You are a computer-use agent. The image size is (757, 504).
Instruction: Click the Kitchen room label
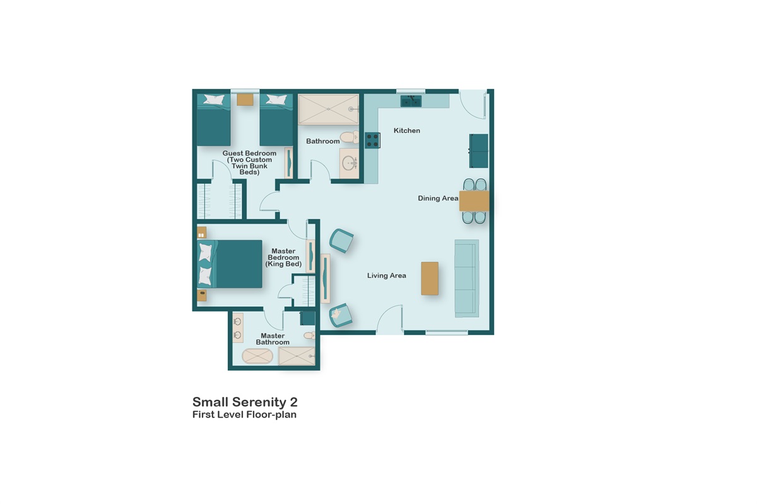(407, 130)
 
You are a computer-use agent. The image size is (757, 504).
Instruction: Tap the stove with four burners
(372, 140)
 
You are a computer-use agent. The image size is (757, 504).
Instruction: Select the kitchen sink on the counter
(411, 101)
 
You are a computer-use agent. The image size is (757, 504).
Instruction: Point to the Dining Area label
(438, 198)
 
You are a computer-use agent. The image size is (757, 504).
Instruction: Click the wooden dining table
(474, 201)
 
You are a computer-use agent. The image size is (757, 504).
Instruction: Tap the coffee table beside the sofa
(430, 278)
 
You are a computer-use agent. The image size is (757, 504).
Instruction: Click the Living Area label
(387, 275)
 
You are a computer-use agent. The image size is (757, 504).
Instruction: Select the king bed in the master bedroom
(230, 264)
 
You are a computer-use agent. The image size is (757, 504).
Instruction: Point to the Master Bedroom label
(283, 257)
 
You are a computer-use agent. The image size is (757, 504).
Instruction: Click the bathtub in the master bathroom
(257, 357)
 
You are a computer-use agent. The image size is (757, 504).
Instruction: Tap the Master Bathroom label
(273, 339)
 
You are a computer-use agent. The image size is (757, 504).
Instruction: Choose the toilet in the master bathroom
(308, 336)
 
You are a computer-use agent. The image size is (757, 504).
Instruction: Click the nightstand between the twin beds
(245, 99)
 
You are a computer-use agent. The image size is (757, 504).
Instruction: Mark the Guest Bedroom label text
(249, 163)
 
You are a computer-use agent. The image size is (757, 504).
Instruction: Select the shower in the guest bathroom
(328, 108)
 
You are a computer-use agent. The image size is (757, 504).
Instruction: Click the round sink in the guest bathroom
(349, 164)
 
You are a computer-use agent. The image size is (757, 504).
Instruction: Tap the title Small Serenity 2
(245, 401)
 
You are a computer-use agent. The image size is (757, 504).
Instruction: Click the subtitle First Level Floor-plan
(244, 415)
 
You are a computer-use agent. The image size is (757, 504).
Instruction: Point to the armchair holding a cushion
(341, 315)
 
